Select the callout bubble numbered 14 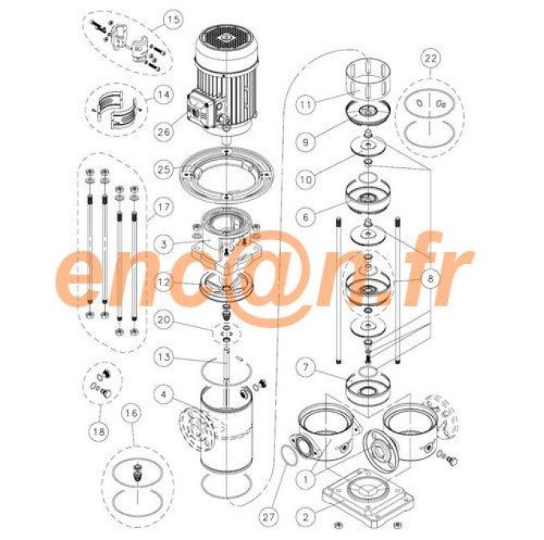point(164,94)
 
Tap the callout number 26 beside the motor point(166,132)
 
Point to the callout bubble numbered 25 point(164,170)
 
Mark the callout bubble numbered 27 point(270,518)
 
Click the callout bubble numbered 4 point(164,394)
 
